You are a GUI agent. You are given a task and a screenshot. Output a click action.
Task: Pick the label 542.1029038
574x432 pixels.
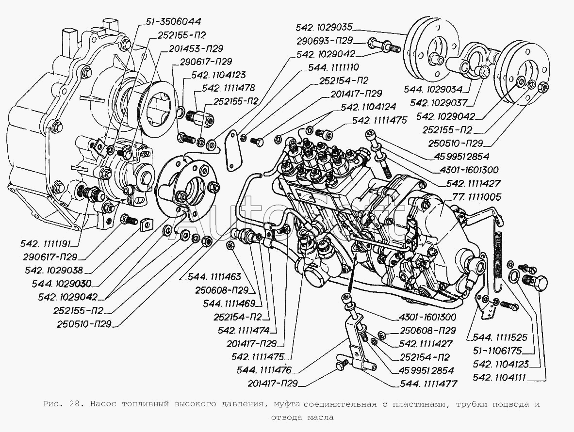point(57,270)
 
